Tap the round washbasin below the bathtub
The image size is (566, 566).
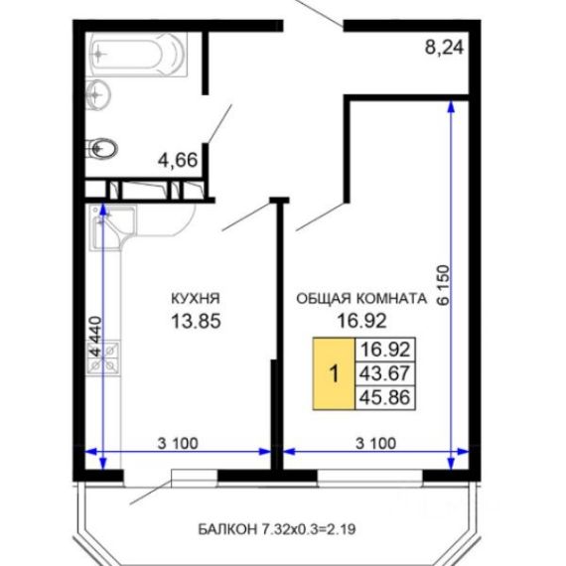(x=96, y=94)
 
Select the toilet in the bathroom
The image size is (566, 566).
(x=102, y=148)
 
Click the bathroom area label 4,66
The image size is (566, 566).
(x=178, y=160)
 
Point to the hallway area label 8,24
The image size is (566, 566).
(x=444, y=48)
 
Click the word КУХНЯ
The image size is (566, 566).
(x=196, y=299)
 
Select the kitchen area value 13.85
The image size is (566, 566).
(x=196, y=321)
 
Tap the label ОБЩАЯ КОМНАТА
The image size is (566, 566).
(x=361, y=299)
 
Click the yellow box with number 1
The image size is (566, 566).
(x=334, y=373)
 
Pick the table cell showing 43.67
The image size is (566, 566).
(x=385, y=373)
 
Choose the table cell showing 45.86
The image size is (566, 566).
(x=385, y=397)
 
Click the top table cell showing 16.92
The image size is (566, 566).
(x=385, y=350)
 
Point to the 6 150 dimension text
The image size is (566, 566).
(x=444, y=285)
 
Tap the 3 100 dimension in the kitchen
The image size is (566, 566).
(x=178, y=443)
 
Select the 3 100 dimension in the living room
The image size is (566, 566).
(x=375, y=443)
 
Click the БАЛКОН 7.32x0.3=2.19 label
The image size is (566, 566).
(x=277, y=529)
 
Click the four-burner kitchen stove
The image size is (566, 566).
(x=104, y=357)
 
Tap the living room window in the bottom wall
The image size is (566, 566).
(x=370, y=477)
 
